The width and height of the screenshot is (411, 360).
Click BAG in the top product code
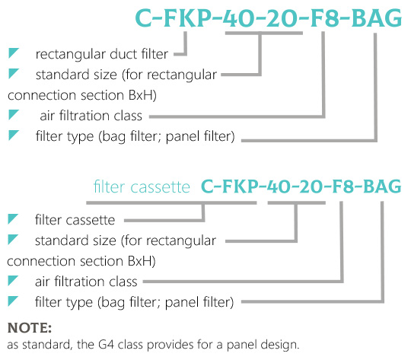[377, 18]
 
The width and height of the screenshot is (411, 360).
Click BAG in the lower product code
[382, 186]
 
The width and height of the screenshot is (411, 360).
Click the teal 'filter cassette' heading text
[142, 187]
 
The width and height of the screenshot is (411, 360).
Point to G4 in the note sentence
[106, 344]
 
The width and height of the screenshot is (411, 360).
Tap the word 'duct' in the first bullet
[123, 54]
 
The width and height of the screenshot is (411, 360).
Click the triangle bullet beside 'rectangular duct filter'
[13, 53]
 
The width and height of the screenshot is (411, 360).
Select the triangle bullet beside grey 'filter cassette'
[12, 218]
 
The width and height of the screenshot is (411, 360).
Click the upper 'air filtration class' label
[91, 116]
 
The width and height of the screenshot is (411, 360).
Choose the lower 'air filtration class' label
[86, 282]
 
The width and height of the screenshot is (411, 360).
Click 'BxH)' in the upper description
[142, 95]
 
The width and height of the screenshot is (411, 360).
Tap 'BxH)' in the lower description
[142, 261]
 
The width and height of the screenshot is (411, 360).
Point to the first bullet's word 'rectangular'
[70, 55]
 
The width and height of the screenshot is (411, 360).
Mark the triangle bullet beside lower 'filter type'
[12, 301]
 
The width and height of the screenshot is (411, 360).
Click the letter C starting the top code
[144, 18]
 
